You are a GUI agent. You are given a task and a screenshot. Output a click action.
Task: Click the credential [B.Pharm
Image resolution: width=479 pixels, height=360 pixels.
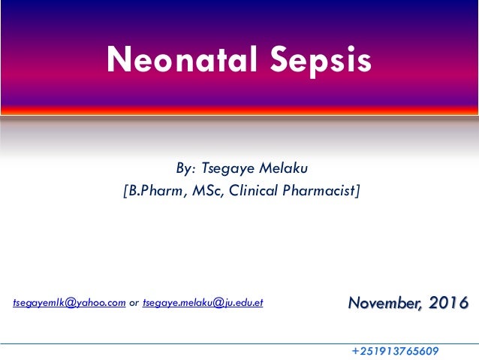click(149, 192)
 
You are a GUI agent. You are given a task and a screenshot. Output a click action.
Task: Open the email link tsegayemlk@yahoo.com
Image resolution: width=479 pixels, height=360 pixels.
click(69, 303)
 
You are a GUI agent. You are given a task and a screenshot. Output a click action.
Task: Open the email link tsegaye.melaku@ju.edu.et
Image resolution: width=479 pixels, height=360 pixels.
click(203, 303)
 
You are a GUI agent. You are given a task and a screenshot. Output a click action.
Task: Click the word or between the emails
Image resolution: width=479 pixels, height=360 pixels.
click(134, 303)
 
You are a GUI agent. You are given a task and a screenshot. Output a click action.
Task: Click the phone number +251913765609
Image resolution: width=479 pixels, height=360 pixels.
click(395, 351)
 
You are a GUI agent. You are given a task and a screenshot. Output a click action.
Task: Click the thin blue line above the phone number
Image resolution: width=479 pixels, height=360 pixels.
click(239, 343)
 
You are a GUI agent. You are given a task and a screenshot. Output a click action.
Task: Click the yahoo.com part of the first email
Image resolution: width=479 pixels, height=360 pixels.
click(104, 303)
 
